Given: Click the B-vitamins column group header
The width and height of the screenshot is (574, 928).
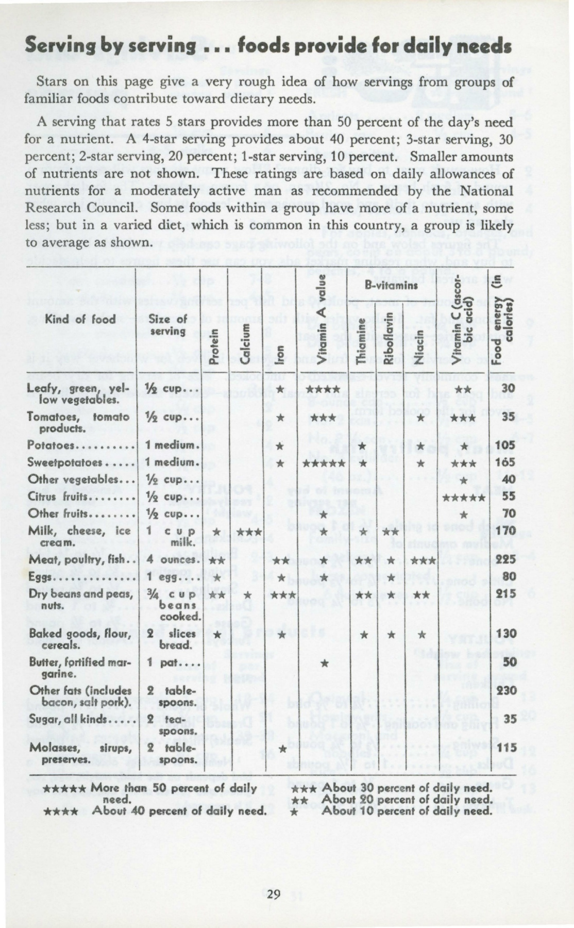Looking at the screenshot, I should pyautogui.click(x=391, y=285).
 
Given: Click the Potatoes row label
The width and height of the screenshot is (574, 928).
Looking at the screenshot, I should pyautogui.click(x=52, y=445).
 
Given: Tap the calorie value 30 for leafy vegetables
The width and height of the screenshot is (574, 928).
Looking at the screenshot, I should pyautogui.click(x=508, y=388).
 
